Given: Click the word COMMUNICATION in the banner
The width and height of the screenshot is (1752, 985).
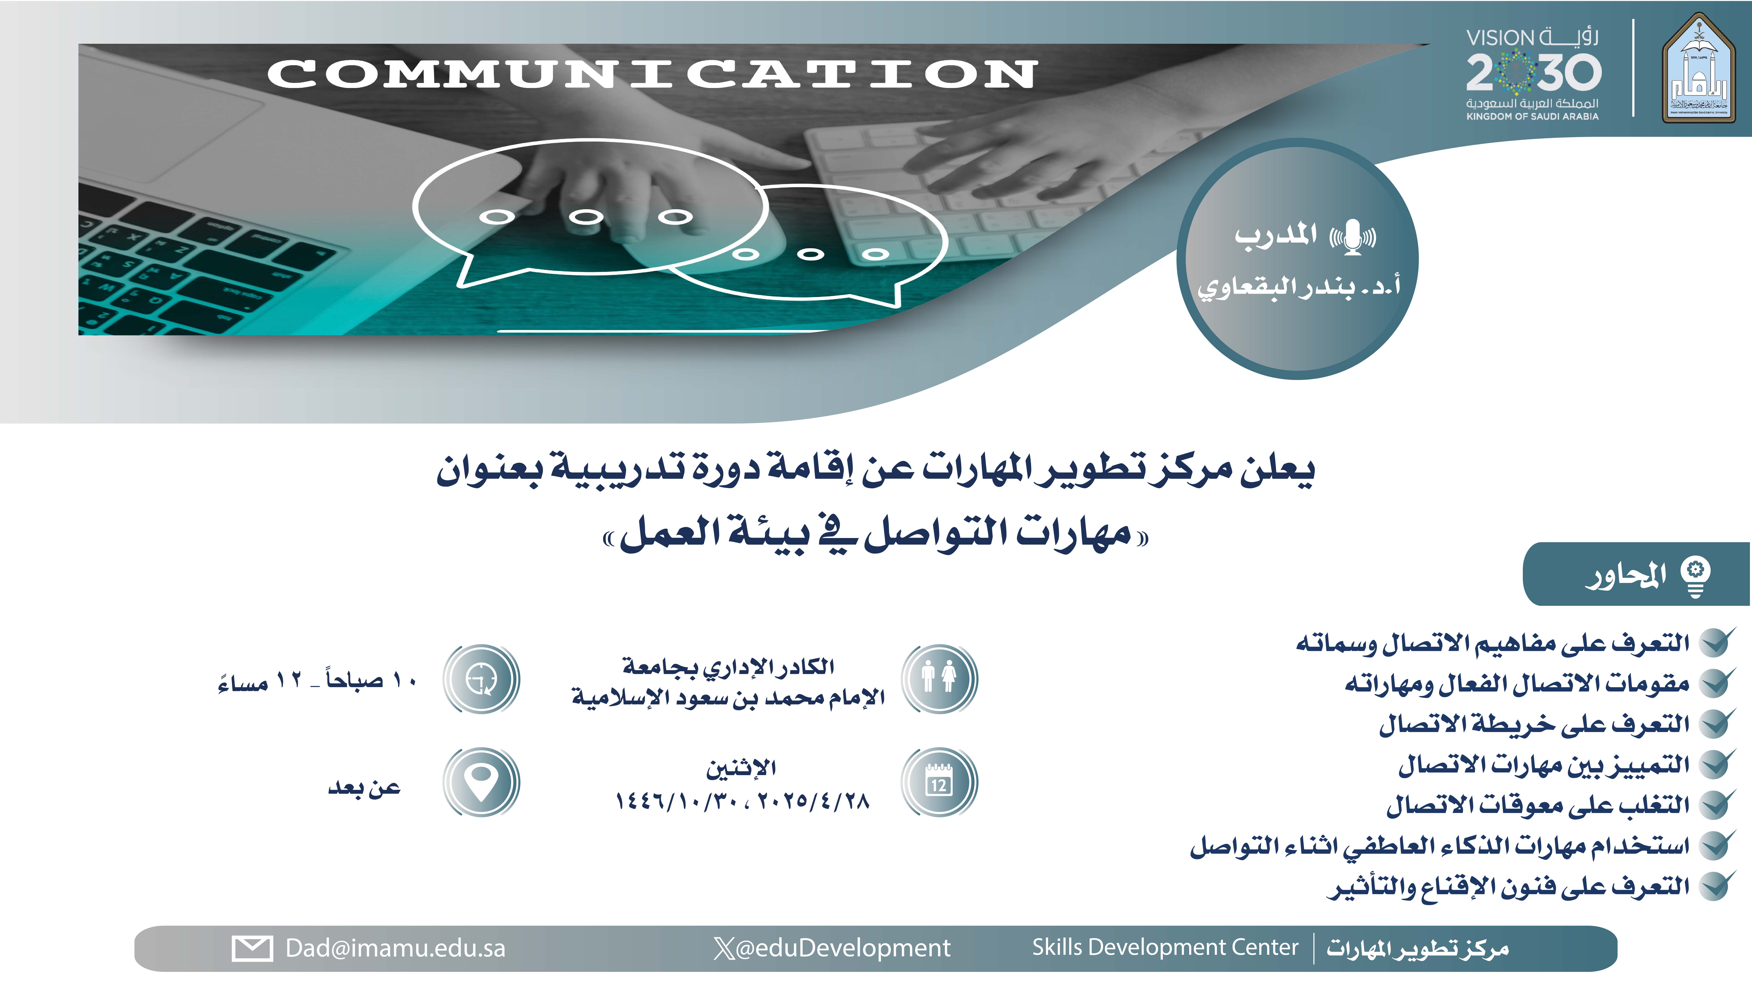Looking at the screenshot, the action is pos(652,73).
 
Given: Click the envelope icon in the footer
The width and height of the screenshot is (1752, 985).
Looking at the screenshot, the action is pos(252,948).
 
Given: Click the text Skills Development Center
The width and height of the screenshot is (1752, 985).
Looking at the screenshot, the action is pos(1165,947).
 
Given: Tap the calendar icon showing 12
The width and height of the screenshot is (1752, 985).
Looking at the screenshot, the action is pos(939,782).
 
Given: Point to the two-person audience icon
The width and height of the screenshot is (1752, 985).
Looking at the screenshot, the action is pos(939,678).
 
